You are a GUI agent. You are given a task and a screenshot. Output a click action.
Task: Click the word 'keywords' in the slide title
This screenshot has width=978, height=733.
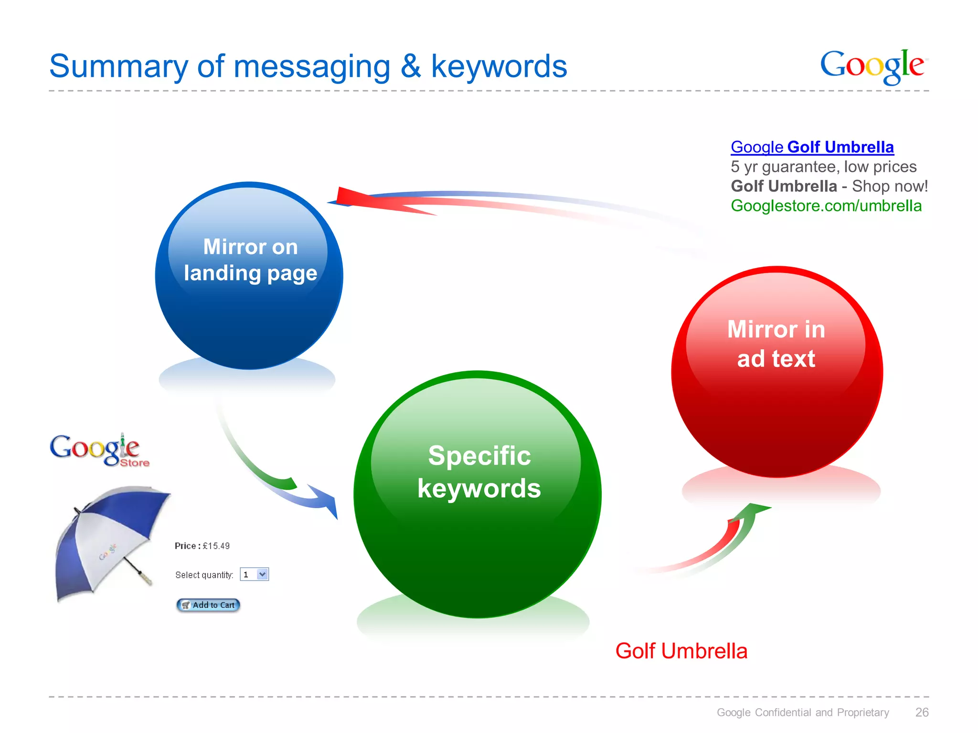coord(499,67)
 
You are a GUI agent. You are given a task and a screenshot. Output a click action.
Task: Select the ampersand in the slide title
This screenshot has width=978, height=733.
coord(411,67)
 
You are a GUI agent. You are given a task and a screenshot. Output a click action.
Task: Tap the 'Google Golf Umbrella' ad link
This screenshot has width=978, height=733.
coord(812,147)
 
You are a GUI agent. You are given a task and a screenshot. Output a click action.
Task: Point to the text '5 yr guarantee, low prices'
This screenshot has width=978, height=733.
coord(823,167)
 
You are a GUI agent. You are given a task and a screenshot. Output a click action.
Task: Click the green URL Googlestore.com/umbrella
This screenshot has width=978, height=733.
coord(826,206)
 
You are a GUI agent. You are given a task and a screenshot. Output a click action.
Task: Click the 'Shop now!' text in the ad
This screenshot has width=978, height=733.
coord(890,186)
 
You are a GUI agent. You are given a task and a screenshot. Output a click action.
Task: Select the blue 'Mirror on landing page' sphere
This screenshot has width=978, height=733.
coord(249,276)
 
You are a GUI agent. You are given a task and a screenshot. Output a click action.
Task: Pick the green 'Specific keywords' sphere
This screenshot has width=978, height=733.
coord(478,494)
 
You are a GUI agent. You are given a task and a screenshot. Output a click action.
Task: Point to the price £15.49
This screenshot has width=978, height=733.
coord(216,546)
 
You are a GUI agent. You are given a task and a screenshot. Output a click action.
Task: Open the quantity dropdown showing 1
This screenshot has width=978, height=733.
coord(262,574)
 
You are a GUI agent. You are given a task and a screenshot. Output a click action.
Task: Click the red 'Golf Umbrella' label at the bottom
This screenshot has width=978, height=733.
coord(681,651)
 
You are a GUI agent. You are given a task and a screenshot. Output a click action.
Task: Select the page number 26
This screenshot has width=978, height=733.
coord(922,712)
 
